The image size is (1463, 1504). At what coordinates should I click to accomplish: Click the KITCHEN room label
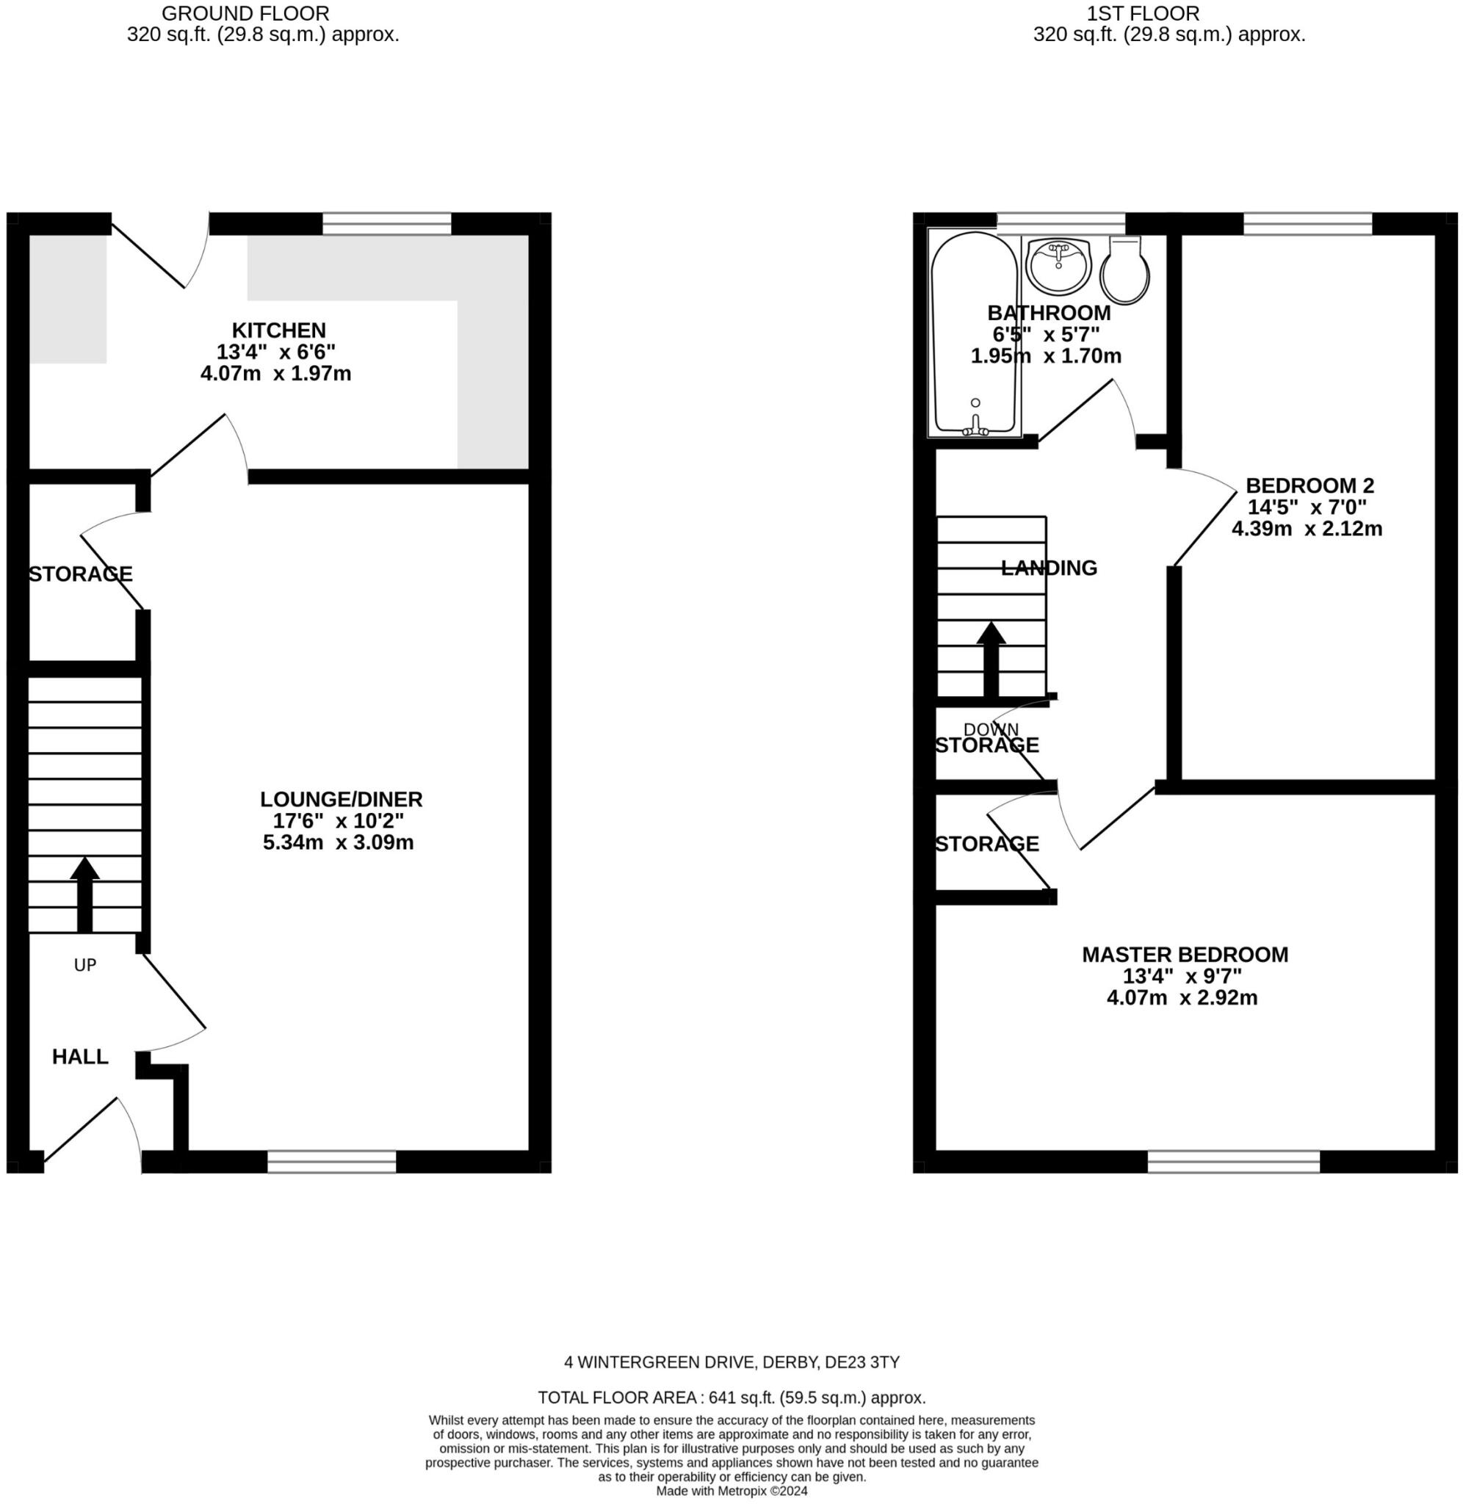click(x=279, y=330)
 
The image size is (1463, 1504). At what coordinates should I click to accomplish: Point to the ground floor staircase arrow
click(x=84, y=894)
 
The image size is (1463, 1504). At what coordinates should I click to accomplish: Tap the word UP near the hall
click(x=84, y=965)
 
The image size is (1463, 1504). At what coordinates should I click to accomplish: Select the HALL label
click(x=80, y=1057)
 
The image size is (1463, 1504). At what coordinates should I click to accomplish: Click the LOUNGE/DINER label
click(x=342, y=800)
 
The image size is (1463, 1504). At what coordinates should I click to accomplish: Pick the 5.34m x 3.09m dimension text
click(x=338, y=842)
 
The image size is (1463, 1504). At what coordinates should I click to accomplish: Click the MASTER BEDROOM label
click(x=1185, y=955)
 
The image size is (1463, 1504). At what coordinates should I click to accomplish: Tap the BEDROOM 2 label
click(x=1310, y=485)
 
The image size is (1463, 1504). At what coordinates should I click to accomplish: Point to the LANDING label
click(x=1049, y=568)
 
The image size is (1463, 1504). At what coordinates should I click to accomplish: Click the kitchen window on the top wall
click(x=386, y=223)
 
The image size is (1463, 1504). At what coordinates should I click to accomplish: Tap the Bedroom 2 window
click(x=1307, y=223)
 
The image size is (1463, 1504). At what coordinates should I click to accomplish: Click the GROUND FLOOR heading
click(x=245, y=13)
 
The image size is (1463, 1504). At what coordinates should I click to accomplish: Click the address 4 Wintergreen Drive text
click(x=731, y=1362)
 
